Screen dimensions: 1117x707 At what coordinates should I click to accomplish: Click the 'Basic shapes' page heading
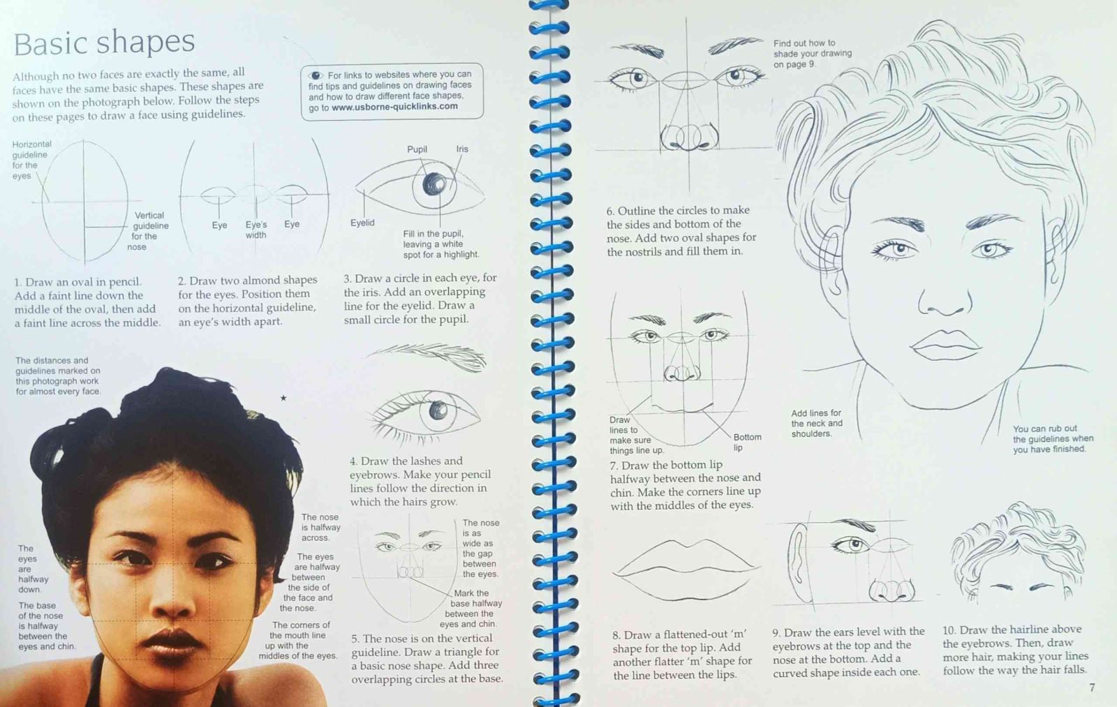coord(104,43)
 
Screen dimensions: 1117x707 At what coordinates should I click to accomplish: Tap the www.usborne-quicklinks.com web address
coord(394,107)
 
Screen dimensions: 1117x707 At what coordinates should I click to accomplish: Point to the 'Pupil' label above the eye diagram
coord(417,149)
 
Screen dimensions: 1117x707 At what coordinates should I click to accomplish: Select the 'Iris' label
coord(462,149)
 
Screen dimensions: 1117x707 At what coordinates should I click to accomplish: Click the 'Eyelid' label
coord(362,223)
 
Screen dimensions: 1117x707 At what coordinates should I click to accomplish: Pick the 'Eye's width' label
coord(256,230)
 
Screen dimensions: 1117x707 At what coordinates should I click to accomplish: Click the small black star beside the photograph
coord(283,398)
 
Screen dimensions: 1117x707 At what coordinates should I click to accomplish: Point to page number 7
coord(1092,687)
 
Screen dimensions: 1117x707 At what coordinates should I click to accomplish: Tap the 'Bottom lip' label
coord(747,442)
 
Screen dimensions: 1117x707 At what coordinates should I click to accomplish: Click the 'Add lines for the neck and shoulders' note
coord(817,424)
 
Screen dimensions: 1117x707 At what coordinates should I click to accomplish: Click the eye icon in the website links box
coord(316,76)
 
